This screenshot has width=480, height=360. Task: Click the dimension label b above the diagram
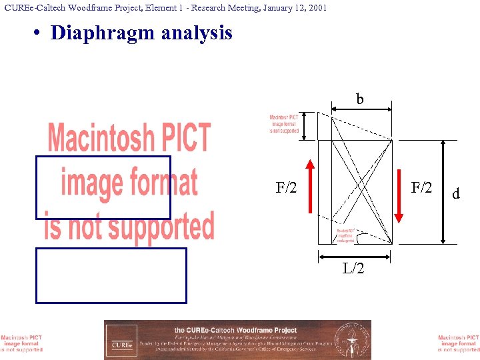(x=360, y=100)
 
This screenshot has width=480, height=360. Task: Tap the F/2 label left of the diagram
(x=287, y=189)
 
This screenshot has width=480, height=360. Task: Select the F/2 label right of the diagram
(x=421, y=189)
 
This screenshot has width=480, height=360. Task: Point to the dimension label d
(x=456, y=194)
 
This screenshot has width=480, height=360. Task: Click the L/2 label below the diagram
(x=353, y=268)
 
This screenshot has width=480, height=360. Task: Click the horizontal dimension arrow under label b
(x=355, y=111)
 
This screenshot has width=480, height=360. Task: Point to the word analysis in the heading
(x=199, y=33)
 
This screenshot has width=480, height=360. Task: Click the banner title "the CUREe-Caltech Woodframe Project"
(x=235, y=330)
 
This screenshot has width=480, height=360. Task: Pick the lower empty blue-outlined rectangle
(x=111, y=275)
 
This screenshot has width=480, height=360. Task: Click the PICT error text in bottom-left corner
(x=21, y=343)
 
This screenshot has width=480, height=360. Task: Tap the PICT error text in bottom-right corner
(x=459, y=343)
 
